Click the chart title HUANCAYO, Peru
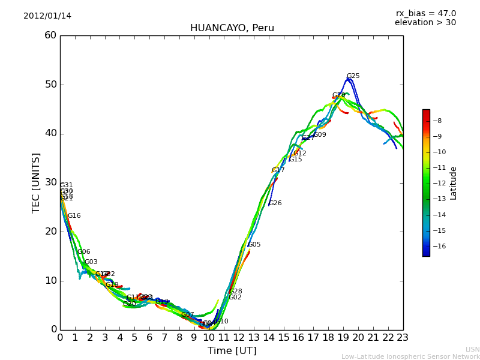[x=232, y=28]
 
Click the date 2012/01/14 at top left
[x=47, y=16]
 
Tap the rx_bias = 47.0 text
[x=425, y=14]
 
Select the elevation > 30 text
[x=425, y=23]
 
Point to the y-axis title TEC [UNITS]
[x=36, y=182]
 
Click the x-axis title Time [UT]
[x=232, y=351]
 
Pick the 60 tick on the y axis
[x=50, y=35]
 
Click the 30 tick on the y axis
[x=50, y=182]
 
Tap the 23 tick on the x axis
[x=403, y=338]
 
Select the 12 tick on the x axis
[x=239, y=338]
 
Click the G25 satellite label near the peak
[x=353, y=76]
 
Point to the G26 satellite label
[x=275, y=203]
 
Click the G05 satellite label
[x=254, y=245]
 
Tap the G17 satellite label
[x=278, y=170]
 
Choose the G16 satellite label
[x=74, y=216]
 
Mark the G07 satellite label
[x=187, y=315]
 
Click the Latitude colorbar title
[x=454, y=183]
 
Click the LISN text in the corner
[x=472, y=349]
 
